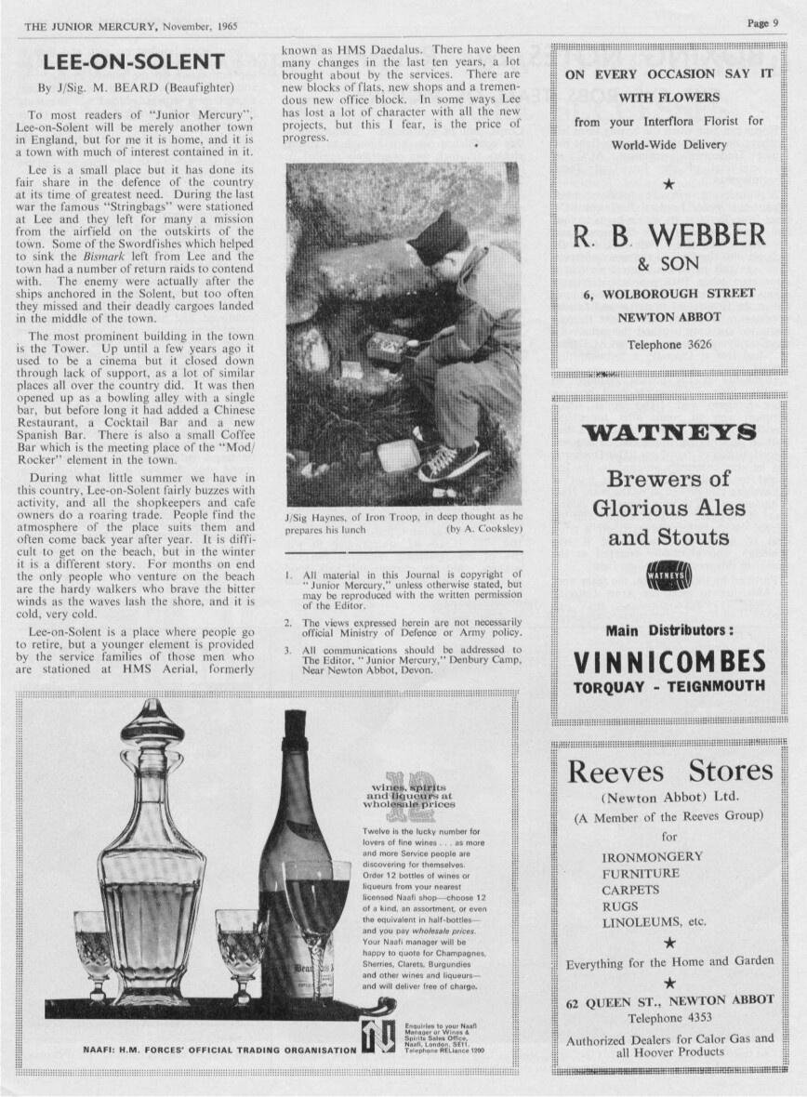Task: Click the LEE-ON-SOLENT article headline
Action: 134,62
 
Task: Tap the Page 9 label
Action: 762,23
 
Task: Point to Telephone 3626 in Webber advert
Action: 668,344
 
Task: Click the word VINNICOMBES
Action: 669,662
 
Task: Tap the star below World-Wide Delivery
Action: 668,183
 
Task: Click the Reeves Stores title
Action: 669,771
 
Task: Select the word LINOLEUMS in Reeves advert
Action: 642,922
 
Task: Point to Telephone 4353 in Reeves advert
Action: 669,1017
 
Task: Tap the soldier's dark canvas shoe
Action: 452,460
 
